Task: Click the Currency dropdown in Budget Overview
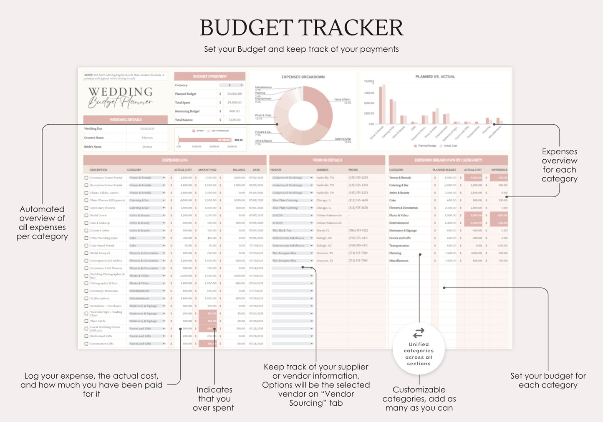point(232,85)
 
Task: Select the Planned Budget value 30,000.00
point(234,94)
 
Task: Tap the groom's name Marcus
point(147,138)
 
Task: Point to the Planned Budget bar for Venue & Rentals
point(380,105)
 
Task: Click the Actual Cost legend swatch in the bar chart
point(442,146)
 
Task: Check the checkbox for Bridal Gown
point(86,216)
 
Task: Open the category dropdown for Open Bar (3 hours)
point(164,208)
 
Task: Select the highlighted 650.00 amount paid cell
point(208,329)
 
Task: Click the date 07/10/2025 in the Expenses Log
point(256,238)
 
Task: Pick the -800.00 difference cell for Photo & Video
point(499,216)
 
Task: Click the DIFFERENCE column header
point(499,170)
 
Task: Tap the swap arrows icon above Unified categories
point(419,333)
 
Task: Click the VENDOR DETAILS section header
point(327,160)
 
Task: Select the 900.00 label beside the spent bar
point(238,140)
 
